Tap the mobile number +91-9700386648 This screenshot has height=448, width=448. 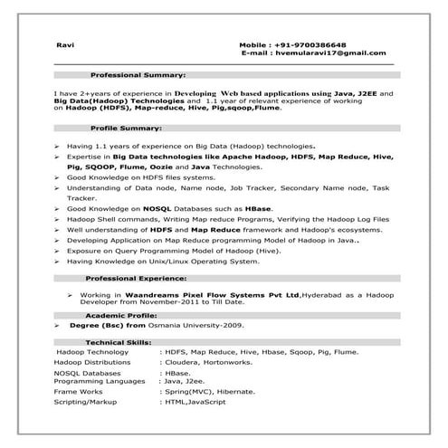(x=334, y=43)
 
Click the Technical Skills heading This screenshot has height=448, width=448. (x=119, y=342)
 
